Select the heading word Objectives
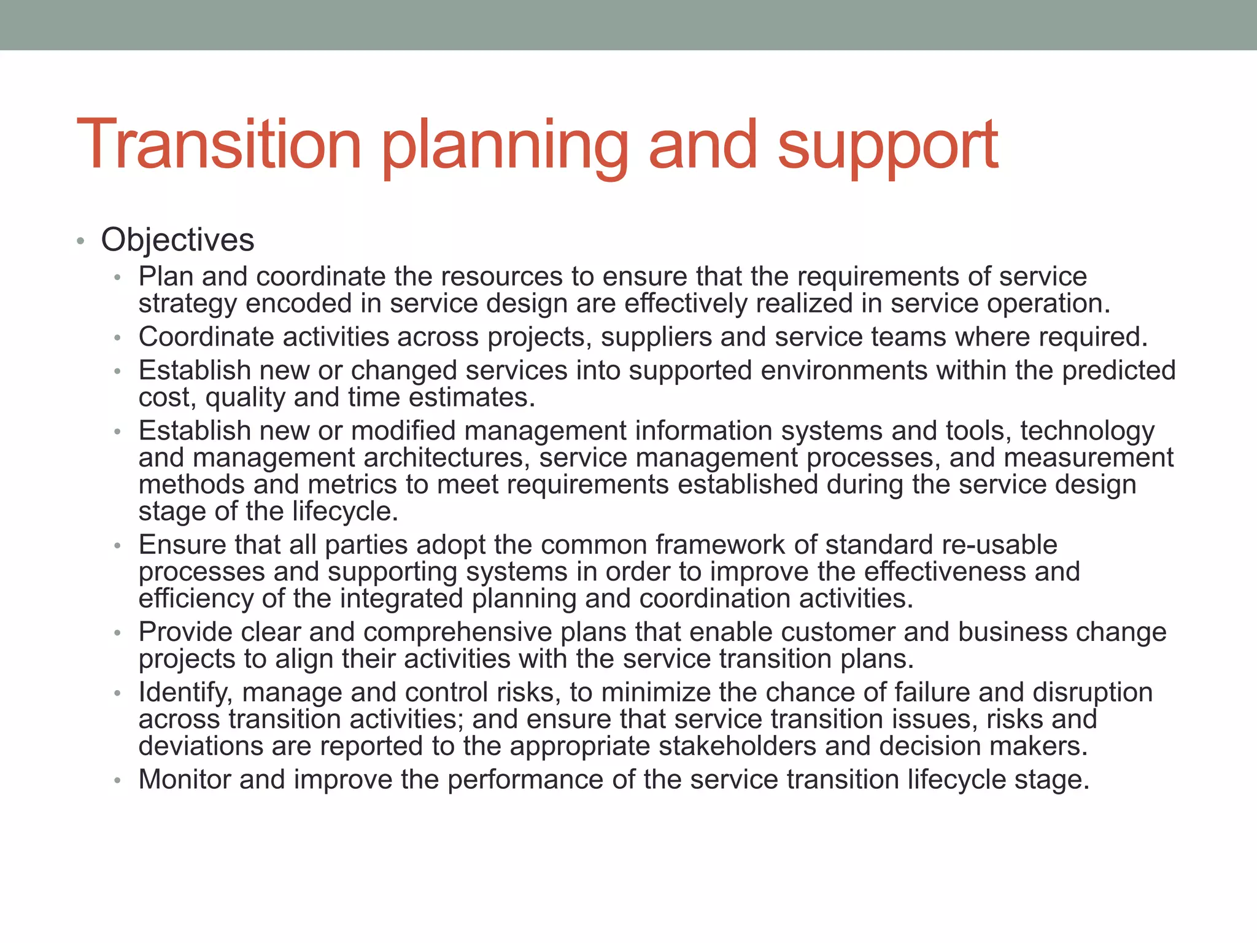(x=177, y=240)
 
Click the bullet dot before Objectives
(x=80, y=241)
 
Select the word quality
(x=245, y=398)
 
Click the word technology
(x=1087, y=432)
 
